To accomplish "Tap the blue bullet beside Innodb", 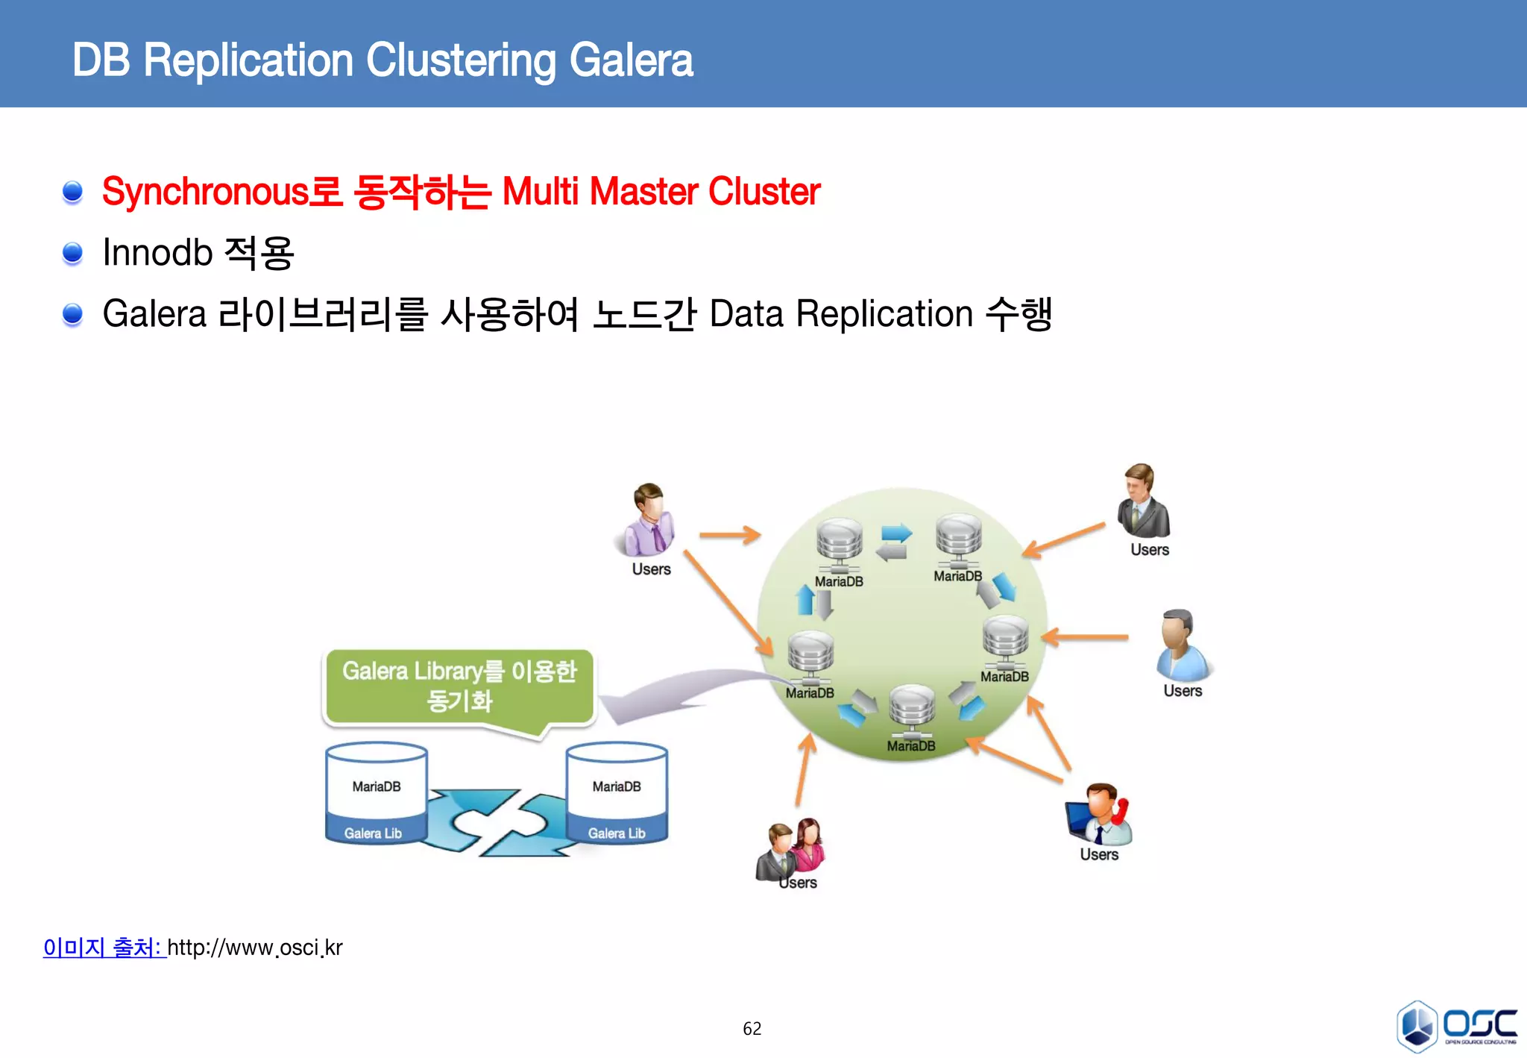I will (72, 253).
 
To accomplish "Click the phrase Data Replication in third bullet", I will (840, 313).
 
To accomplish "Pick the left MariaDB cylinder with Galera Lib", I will (377, 794).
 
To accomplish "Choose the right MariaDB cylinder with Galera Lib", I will (617, 794).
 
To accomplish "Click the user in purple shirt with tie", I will (646, 521).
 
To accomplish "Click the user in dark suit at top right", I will (1142, 501).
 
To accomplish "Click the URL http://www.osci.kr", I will (254, 948).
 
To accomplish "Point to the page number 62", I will (752, 1029).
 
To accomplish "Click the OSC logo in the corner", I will (1455, 1026).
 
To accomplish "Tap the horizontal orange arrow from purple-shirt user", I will (729, 534).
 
